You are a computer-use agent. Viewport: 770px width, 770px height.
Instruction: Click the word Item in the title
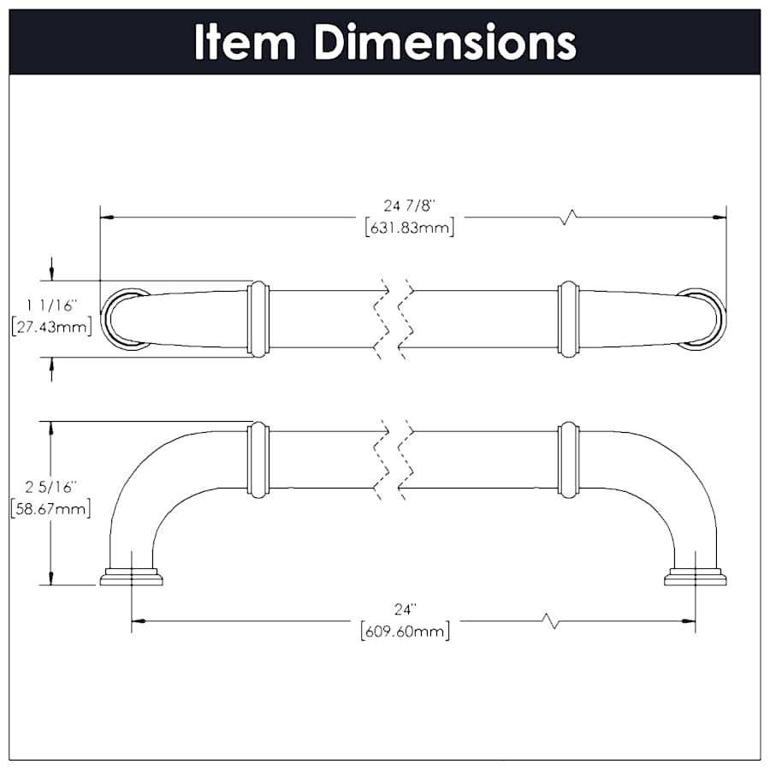pos(246,41)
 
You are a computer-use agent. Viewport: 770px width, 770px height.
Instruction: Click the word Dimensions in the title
pos(445,41)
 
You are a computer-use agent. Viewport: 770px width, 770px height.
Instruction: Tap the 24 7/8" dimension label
pos(409,206)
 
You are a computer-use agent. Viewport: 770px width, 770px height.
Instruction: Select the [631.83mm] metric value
pos(409,228)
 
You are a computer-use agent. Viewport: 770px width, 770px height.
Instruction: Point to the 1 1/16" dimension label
pos(51,305)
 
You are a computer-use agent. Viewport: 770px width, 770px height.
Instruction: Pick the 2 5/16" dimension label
pos(51,487)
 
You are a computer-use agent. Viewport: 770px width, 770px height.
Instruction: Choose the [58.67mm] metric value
pos(51,509)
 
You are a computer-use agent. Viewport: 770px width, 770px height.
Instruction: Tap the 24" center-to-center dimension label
pos(405,610)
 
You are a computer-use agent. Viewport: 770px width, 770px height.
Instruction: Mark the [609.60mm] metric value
pos(405,632)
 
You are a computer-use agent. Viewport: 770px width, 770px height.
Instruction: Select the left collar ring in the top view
pos(258,318)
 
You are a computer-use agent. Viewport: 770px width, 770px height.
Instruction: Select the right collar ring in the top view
pos(568,318)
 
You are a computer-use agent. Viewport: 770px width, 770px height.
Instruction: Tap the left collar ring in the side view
pos(258,459)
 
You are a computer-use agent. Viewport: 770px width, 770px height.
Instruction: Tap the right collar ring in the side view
pos(568,459)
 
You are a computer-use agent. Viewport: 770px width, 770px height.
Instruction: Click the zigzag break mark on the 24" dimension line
pos(553,621)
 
